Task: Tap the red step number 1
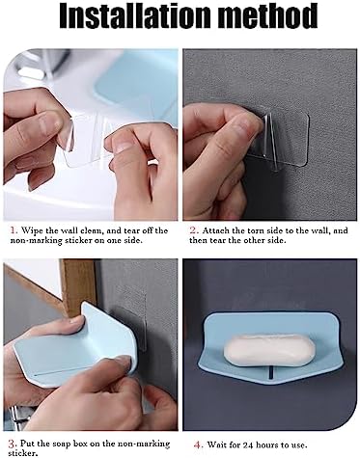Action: coord(14,230)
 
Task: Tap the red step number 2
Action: coord(193,230)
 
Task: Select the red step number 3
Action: coord(12,445)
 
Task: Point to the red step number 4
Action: coord(198,445)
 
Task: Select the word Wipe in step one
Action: coord(32,230)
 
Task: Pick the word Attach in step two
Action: coord(215,230)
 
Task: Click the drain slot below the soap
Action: coord(270,373)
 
